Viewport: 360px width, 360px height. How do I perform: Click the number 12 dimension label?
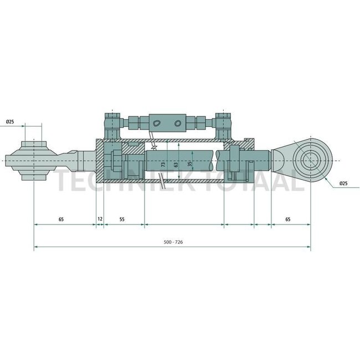(100, 219)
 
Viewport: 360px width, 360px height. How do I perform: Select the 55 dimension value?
(122, 219)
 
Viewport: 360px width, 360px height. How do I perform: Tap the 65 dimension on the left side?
(60, 219)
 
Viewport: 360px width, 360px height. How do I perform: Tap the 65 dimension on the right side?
(288, 219)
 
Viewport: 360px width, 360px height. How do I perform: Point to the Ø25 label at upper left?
(10, 121)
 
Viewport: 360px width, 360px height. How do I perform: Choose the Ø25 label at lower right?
(343, 183)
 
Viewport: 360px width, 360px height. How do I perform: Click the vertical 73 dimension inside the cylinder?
(163, 165)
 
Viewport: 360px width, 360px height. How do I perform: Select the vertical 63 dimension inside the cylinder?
(176, 165)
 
